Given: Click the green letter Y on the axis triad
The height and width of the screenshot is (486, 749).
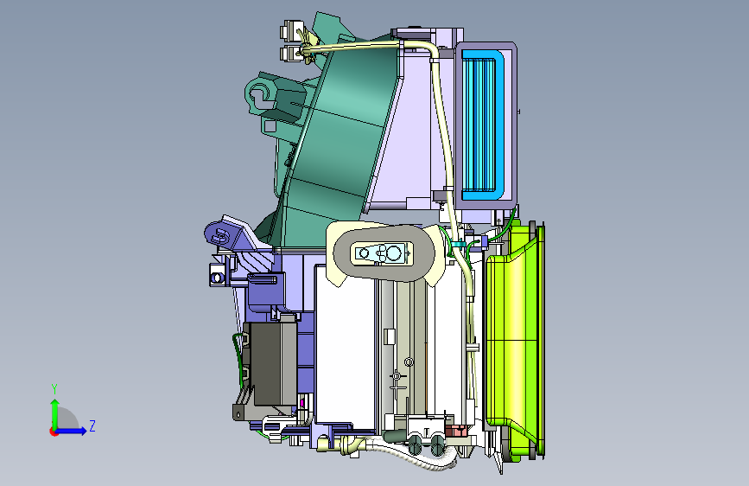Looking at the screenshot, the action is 54,389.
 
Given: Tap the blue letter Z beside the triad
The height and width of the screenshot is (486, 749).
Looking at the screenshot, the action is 92,425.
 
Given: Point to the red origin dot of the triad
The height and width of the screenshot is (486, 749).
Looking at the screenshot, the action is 54,432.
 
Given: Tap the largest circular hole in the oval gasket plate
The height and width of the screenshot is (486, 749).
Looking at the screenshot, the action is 394,253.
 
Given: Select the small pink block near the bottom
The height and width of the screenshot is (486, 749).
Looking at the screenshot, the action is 457,431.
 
